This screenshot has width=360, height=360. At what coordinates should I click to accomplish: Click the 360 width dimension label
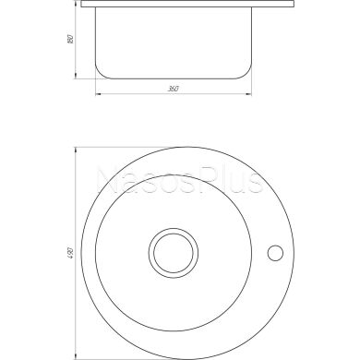coord(173,89)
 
